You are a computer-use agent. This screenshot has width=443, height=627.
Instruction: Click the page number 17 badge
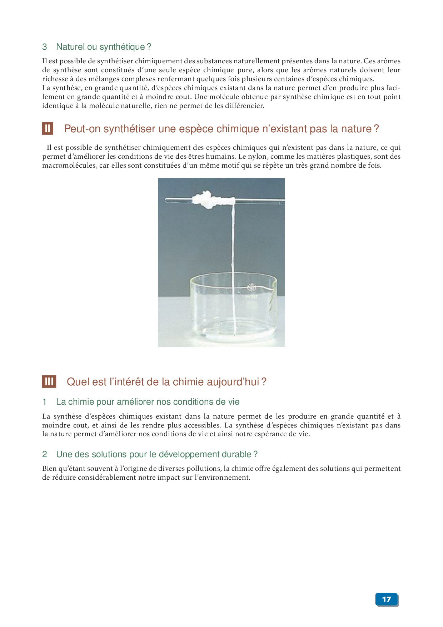[387, 599]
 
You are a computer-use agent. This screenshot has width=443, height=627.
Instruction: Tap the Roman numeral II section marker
[48, 129]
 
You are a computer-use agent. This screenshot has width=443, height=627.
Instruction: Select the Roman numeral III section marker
[49, 382]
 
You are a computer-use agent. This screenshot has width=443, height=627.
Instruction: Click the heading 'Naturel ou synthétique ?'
[104, 47]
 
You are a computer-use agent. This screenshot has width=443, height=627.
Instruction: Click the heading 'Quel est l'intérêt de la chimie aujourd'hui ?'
[166, 382]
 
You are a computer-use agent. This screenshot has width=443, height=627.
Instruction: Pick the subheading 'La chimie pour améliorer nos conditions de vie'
[148, 402]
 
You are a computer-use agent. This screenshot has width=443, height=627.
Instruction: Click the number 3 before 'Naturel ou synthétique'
[45, 47]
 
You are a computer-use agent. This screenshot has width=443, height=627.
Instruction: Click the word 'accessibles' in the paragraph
[202, 425]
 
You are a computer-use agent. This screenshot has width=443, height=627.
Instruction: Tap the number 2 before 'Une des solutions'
[45, 454]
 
